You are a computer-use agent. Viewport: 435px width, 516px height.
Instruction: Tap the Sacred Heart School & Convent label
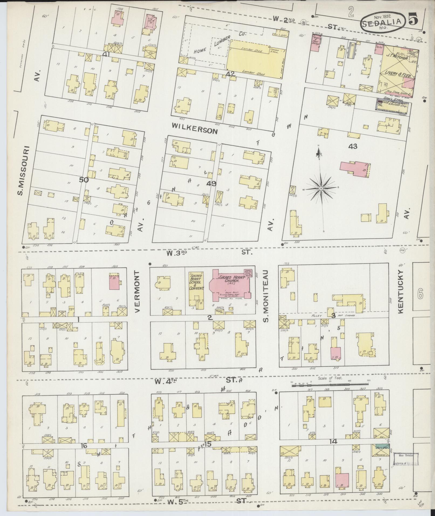pos(196,282)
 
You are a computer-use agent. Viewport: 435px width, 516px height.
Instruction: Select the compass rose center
pos(321,189)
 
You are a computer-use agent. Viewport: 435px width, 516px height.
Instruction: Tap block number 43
pos(352,146)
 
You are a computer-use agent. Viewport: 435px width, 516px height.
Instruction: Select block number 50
pos(84,180)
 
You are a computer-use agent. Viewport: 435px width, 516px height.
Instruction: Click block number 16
pos(84,446)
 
